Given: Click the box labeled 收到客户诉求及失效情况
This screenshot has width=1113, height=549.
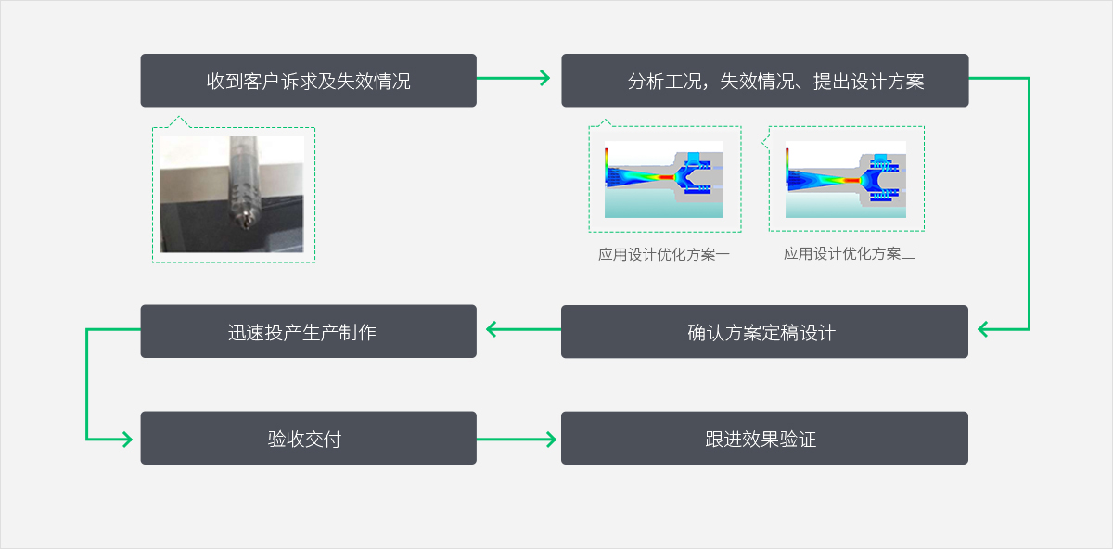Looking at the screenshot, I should (308, 81).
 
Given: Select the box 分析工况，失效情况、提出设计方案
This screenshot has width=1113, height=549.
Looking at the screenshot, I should (764, 81).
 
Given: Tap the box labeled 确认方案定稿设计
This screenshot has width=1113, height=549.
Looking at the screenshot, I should (764, 332).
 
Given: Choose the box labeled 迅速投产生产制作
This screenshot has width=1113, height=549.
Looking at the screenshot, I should (308, 331).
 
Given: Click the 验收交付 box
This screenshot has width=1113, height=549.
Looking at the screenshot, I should (308, 439).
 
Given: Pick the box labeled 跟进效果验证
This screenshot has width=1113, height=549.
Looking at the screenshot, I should (764, 439).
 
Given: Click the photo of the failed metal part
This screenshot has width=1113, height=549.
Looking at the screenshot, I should (232, 195).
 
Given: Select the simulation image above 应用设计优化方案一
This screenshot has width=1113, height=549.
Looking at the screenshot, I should (664, 179).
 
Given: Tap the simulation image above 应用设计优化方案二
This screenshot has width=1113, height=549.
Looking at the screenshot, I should (846, 179).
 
